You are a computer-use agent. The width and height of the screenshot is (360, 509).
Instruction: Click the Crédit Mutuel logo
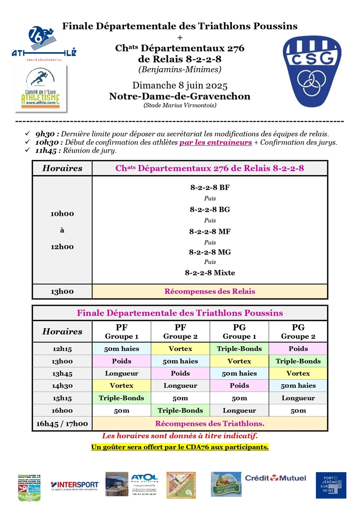(275, 478)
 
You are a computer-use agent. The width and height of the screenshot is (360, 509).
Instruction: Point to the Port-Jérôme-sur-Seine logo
(331, 485)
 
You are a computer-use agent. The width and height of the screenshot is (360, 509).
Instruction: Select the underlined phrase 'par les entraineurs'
(215, 142)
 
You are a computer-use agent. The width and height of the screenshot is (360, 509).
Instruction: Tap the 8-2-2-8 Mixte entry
(209, 273)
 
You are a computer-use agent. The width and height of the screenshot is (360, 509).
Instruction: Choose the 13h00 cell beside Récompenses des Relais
(62, 291)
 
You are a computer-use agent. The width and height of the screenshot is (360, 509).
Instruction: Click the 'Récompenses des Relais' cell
(209, 291)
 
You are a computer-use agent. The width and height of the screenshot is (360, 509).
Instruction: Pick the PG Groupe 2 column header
(298, 332)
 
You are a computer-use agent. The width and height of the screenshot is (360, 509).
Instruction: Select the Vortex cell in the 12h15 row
(180, 349)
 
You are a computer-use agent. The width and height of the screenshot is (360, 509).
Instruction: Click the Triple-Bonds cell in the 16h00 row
(180, 411)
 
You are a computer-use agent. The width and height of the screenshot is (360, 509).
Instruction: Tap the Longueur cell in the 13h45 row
(121, 373)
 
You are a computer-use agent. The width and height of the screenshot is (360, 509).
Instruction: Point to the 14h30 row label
(62, 386)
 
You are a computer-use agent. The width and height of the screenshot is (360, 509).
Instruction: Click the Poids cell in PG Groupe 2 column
(298, 349)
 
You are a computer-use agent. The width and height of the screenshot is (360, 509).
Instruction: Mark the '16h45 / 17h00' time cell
(62, 423)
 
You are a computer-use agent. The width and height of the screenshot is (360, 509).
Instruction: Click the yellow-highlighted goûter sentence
(180, 447)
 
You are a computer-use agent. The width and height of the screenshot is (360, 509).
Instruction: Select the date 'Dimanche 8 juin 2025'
(180, 85)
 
